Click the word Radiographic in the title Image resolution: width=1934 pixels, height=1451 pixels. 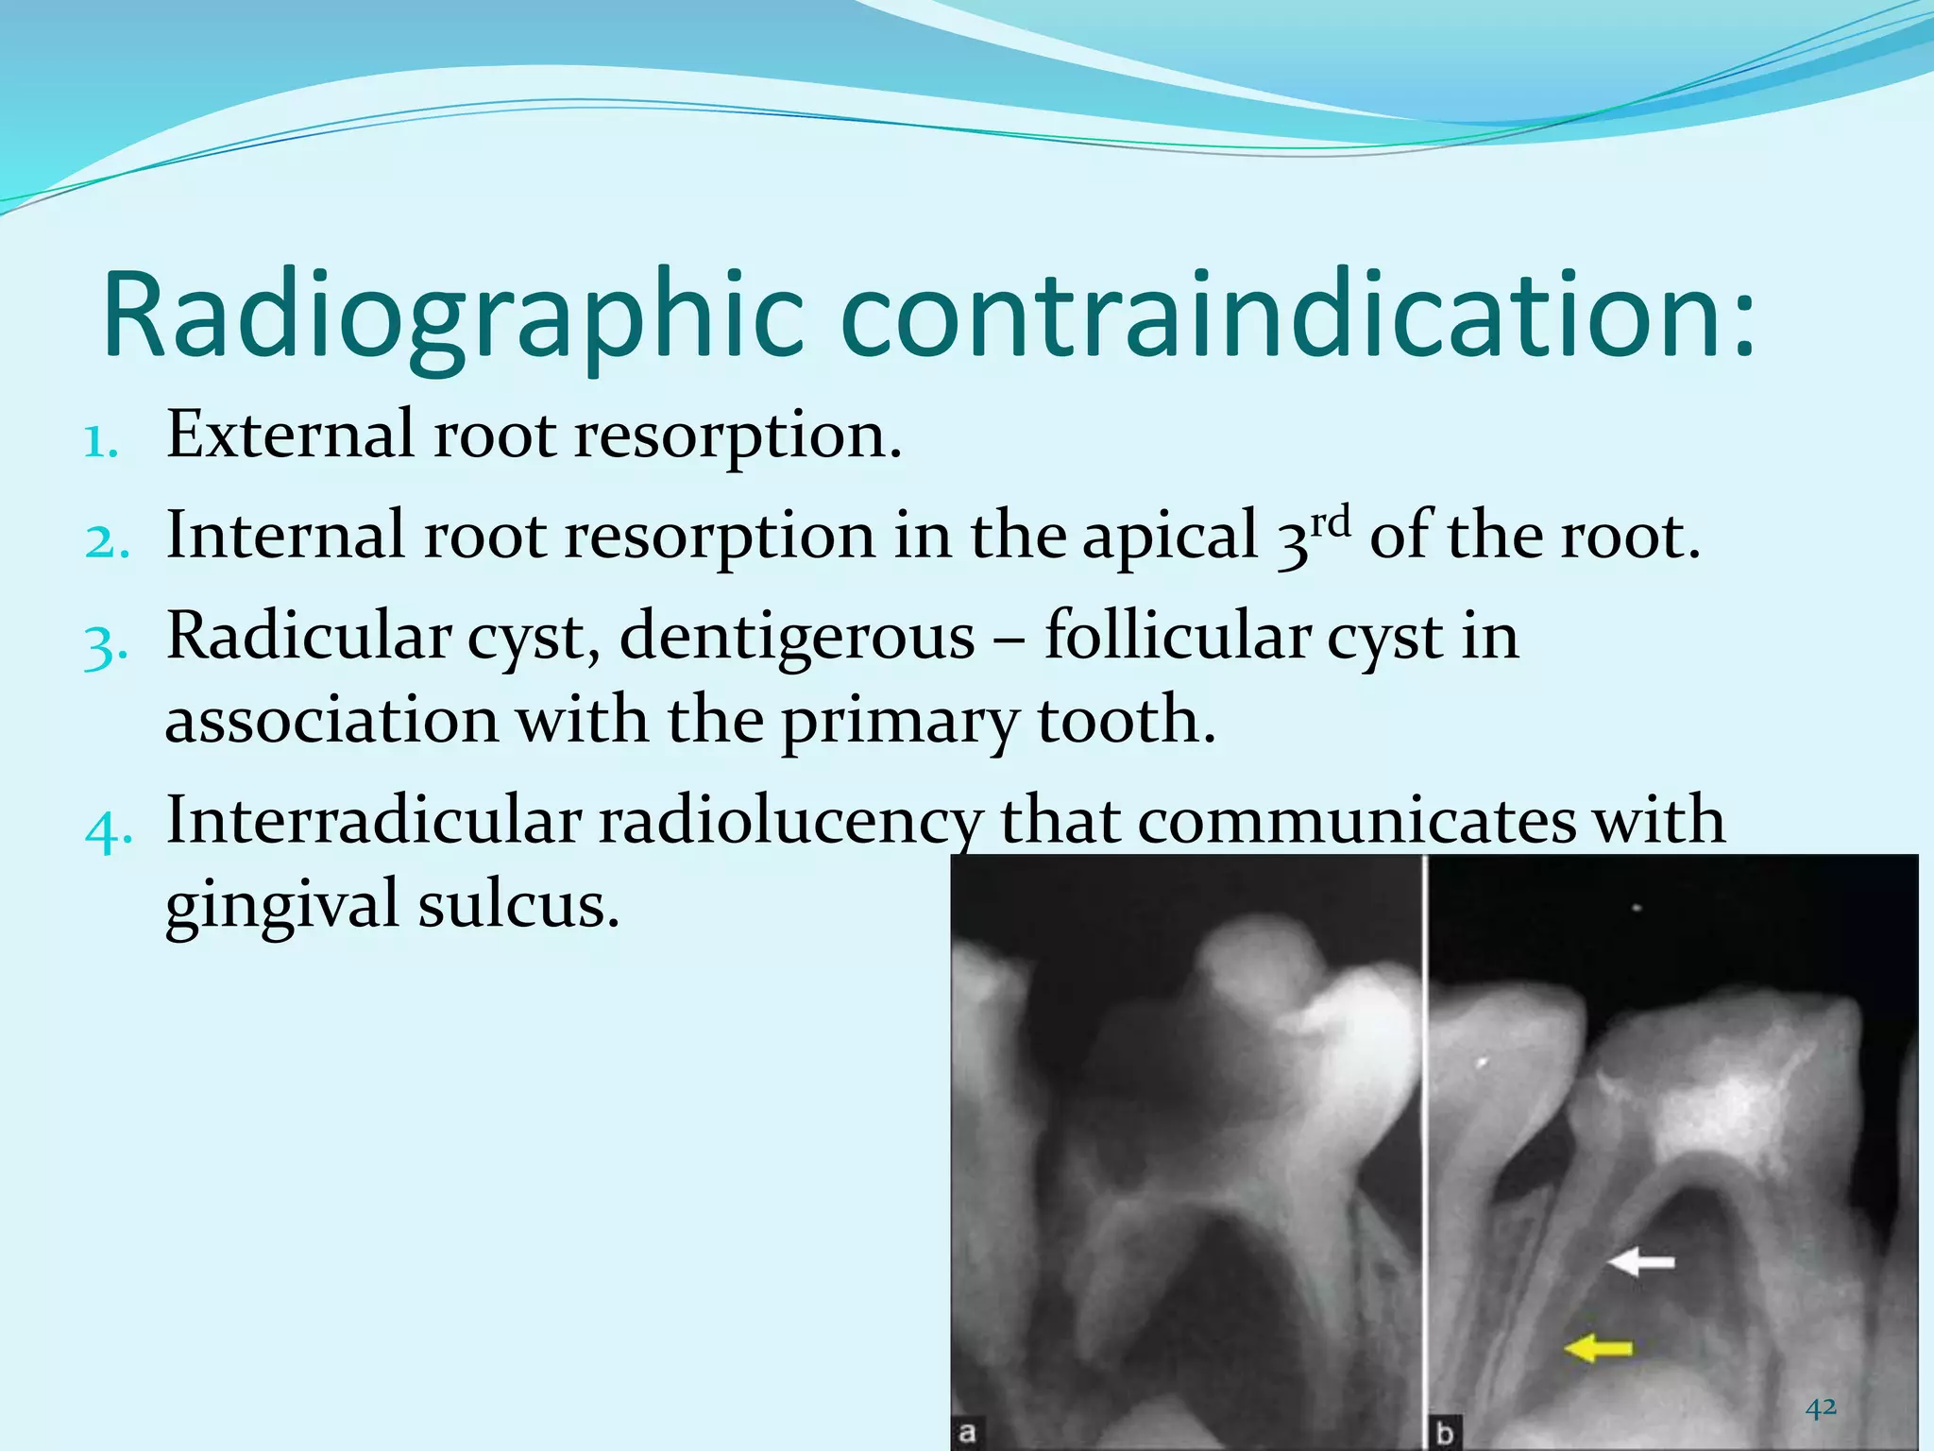pyautogui.click(x=453, y=316)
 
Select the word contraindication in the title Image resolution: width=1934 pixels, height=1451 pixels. pyautogui.click(x=1284, y=316)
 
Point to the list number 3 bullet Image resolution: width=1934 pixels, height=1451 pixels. pyautogui.click(x=105, y=647)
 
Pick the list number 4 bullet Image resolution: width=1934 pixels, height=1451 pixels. pyautogui.click(x=107, y=831)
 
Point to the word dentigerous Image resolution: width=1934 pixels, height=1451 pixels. pyautogui.click(x=797, y=637)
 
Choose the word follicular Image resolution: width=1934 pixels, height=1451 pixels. pyautogui.click(x=1177, y=637)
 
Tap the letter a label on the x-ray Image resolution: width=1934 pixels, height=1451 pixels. pyautogui.click(x=967, y=1432)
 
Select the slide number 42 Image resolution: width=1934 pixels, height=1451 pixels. pyautogui.click(x=1821, y=1408)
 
